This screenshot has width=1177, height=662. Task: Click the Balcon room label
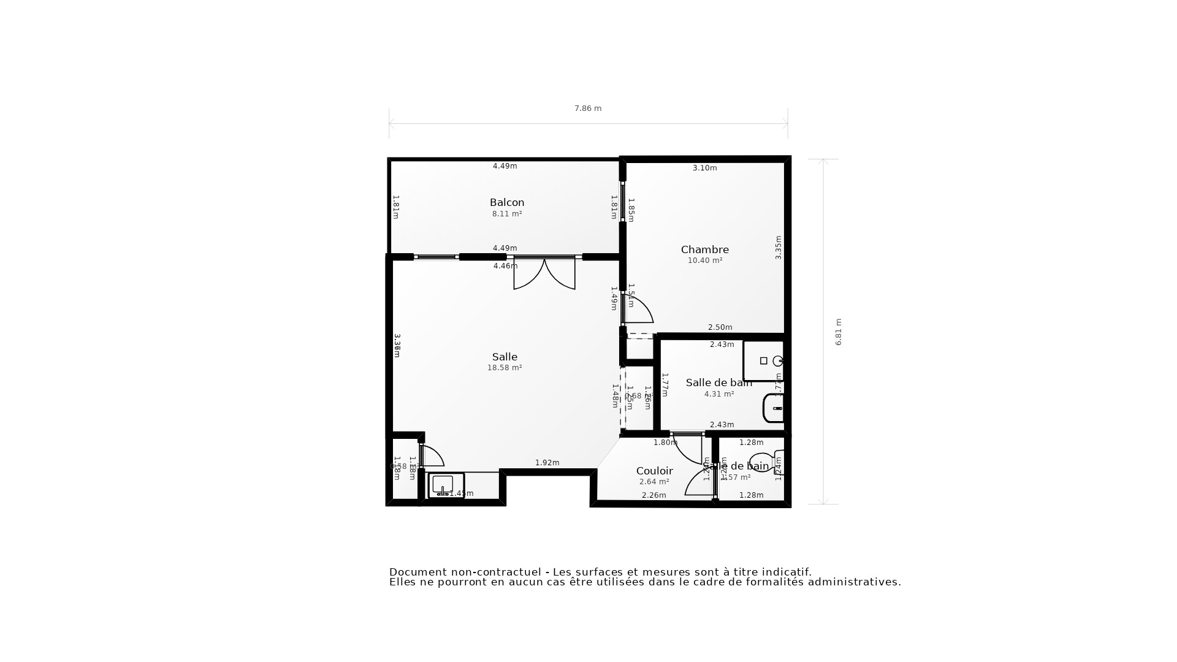(507, 202)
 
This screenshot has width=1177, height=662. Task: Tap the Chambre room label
(704, 249)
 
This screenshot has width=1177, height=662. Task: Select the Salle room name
(505, 357)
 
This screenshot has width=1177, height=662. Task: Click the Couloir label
(654, 471)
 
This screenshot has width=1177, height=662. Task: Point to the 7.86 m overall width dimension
(587, 108)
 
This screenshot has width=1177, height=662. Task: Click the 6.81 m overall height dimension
(839, 332)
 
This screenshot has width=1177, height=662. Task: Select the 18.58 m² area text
(505, 368)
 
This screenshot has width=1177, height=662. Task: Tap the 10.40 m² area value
(704, 261)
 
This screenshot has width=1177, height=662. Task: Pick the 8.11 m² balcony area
(507, 214)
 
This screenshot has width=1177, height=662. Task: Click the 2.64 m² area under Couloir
(654, 482)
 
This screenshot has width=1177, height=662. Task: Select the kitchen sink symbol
(443, 485)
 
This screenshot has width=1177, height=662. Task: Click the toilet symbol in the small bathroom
(764, 462)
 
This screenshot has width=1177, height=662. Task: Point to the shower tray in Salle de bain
(763, 361)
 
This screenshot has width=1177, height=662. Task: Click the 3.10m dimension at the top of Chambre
(704, 168)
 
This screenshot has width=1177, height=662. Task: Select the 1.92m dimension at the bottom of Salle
(547, 463)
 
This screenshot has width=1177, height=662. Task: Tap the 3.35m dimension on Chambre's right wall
(779, 247)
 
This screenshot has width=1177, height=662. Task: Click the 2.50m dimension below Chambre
(720, 327)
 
